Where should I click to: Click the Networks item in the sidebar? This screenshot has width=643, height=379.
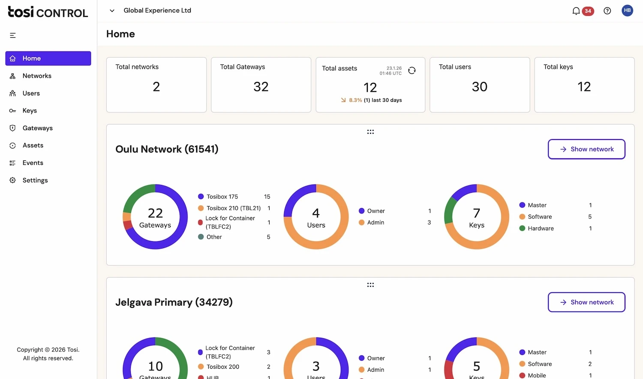coord(37,76)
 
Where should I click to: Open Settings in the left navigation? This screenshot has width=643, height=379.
coord(35,180)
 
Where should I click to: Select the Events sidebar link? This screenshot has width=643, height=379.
coord(33,163)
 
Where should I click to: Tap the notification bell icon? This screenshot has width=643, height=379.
coord(576,11)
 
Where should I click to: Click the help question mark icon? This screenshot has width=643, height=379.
coord(607,11)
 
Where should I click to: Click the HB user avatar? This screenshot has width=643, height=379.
coord(627,11)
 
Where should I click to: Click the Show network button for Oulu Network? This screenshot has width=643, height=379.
coord(586,149)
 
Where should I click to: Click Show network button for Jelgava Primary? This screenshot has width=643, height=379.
coord(586,302)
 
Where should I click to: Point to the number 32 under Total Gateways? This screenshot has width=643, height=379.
coord(261,87)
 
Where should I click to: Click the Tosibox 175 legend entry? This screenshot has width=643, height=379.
coord(222,197)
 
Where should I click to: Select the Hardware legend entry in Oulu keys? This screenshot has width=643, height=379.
coord(541,228)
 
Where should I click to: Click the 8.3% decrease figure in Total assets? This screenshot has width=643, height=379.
coord(355,100)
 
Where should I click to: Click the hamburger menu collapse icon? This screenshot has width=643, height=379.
coord(13,35)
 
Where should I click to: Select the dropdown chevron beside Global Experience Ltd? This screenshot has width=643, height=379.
coord(112,11)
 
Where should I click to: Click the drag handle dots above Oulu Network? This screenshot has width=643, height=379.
coord(370,132)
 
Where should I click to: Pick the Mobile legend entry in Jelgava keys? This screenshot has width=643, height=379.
coord(537,375)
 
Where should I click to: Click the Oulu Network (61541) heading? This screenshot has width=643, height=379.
coord(167,149)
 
